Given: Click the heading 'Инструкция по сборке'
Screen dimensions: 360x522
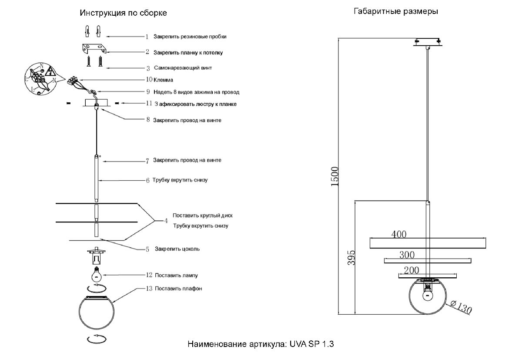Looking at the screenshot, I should [123, 13].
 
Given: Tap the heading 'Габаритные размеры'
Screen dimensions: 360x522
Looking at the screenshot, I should [395, 12].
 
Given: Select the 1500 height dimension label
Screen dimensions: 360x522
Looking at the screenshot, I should [335, 176].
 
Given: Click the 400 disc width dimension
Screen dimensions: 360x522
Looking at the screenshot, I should [399, 234].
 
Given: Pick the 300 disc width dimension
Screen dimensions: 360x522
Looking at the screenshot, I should [407, 255].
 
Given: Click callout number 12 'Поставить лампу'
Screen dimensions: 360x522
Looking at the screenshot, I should [149, 275].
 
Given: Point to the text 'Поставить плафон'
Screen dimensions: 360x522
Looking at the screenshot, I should [178, 288].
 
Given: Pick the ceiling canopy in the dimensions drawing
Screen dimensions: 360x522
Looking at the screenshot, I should [428, 43].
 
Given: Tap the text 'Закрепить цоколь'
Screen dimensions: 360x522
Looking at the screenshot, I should [177, 249].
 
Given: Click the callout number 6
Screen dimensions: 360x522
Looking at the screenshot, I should [147, 180].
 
